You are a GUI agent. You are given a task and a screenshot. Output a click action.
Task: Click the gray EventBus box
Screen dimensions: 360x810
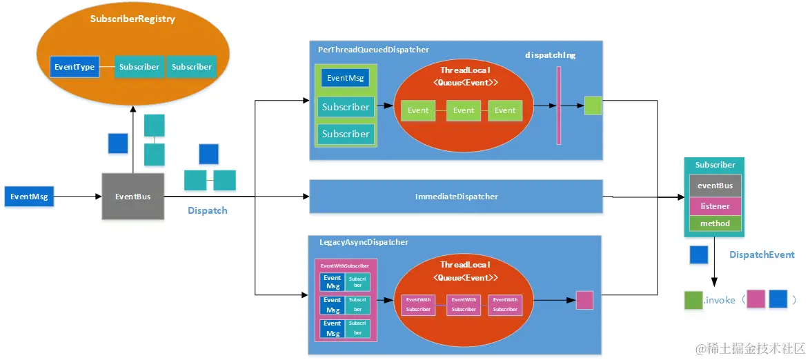133,197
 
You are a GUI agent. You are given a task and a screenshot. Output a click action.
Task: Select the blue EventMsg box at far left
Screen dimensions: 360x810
28,197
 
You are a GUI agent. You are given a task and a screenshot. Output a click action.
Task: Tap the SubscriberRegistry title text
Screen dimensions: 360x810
132,19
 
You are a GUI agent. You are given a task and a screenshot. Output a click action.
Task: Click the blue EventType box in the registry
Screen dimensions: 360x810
74,67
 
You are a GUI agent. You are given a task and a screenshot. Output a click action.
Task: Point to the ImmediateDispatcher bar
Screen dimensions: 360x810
456,197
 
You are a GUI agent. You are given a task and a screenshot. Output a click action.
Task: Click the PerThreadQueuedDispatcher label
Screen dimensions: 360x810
373,50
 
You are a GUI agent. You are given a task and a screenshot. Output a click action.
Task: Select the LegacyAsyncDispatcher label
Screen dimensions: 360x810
364,242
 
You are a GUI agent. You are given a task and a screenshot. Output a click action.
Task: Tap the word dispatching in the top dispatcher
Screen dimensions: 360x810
550,54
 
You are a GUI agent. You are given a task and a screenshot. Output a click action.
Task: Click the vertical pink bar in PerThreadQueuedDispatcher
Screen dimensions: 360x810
558,106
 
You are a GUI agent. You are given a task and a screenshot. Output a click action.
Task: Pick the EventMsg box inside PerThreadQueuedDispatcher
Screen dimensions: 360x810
345,78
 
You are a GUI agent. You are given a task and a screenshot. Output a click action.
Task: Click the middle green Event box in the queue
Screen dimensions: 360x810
464,110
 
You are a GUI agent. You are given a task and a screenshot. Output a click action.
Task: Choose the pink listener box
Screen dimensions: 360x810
715,206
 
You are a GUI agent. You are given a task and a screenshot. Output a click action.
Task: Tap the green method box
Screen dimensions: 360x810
715,223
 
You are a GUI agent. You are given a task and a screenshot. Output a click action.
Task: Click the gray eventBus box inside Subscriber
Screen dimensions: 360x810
715,186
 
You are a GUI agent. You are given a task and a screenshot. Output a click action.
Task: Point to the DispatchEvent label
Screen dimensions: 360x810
762,254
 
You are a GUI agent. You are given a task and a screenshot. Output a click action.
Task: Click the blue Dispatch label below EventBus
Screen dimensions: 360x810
208,210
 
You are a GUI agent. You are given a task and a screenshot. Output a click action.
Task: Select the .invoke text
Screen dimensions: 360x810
718,300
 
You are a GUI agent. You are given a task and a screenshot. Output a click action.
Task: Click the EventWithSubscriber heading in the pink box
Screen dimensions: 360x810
345,266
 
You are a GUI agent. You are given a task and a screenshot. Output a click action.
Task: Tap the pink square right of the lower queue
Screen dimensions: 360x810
584,300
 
